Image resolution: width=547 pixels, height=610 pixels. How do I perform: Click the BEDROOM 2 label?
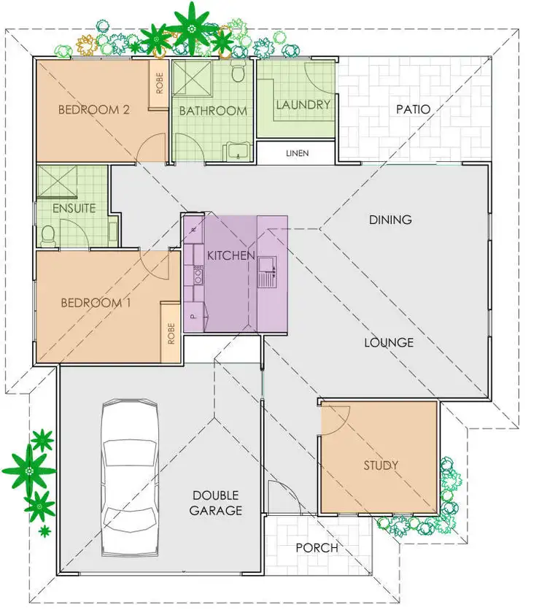coord(93,110)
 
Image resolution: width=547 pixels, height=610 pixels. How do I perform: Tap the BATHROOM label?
coord(213,111)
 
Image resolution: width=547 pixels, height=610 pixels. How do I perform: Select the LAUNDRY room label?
coord(303,104)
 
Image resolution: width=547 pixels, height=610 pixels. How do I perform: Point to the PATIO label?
coord(413,109)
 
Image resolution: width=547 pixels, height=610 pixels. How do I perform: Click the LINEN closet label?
coord(298,153)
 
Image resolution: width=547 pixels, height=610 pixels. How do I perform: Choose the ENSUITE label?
coord(74,208)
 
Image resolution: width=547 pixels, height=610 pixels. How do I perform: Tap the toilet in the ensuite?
coord(49,234)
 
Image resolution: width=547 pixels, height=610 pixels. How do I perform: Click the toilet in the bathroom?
coord(238,74)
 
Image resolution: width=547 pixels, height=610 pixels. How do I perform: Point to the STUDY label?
coord(381,465)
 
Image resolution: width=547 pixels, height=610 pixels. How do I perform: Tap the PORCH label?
coord(317,548)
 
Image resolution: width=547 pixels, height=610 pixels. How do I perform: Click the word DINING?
coord(390,219)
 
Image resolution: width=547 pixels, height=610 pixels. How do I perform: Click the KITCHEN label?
coord(231,255)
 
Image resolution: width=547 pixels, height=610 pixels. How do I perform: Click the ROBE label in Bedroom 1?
coord(171,333)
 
